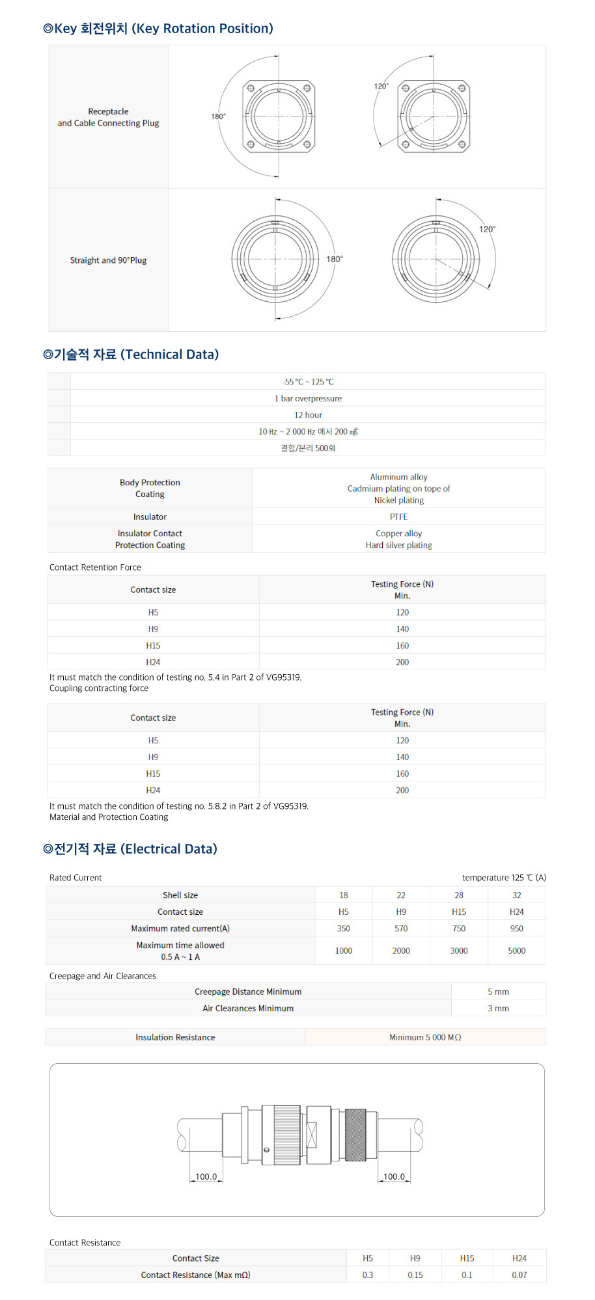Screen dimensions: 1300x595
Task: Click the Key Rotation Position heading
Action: [158, 29]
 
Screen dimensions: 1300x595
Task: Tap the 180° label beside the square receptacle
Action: [218, 116]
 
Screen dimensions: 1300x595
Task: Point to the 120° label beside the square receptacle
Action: [381, 86]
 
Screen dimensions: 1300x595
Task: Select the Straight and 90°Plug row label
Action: [108, 260]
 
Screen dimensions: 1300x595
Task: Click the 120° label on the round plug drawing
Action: [487, 229]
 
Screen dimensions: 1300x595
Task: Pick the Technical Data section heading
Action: [131, 355]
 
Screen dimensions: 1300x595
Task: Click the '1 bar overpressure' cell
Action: [308, 398]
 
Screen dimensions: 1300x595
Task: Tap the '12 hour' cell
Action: [308, 415]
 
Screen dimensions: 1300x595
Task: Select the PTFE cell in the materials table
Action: [398, 517]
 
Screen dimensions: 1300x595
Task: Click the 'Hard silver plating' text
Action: [398, 545]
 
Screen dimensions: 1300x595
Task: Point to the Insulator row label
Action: [150, 517]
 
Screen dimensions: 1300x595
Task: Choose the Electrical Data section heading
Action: [130, 849]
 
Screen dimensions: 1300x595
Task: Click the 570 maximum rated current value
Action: [401, 928]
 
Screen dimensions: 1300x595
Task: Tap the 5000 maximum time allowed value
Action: [516, 951]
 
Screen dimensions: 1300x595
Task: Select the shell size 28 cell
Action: [459, 895]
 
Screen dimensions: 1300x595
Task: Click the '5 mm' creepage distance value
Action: [498, 992]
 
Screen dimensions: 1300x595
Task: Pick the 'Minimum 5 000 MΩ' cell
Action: [425, 1037]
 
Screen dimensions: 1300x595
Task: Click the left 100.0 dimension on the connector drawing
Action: [206, 1176]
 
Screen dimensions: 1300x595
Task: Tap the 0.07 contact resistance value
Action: [519, 1275]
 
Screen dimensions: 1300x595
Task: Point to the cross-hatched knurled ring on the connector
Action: [355, 1135]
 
